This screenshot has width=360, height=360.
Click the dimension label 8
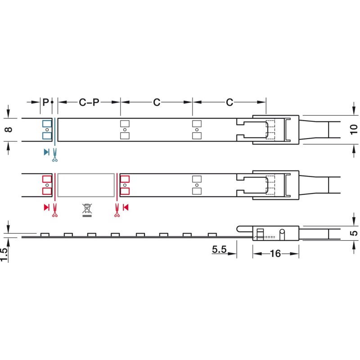pos(9,130)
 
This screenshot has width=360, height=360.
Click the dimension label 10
pos(354,130)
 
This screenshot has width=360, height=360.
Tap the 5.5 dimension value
pos(219,249)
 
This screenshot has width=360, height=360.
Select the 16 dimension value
pos(275,254)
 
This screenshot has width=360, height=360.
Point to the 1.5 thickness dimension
pos(4,254)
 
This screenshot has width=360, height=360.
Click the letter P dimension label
pos(46,102)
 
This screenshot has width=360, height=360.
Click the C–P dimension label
pos(89,103)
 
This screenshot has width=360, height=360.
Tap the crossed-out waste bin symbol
pos(87,210)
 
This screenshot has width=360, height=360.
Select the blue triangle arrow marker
pos(46,152)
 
